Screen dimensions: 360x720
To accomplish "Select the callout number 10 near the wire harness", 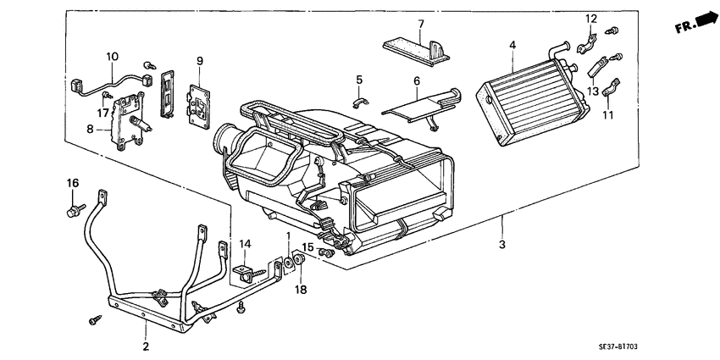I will pyautogui.click(x=112, y=57).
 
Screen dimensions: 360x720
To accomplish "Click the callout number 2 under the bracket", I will pyautogui.click(x=145, y=346).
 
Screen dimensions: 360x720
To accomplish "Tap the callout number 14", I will pyautogui.click(x=246, y=244).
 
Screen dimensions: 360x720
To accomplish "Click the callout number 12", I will pyautogui.click(x=591, y=19).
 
